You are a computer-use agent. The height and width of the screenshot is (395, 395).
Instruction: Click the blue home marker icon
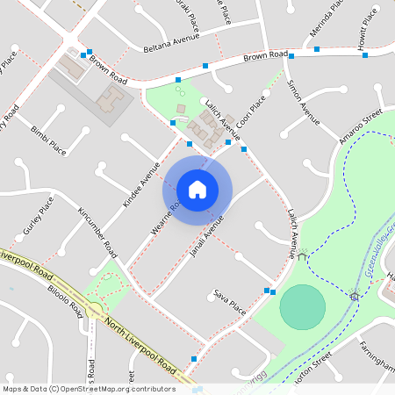tap(197, 190)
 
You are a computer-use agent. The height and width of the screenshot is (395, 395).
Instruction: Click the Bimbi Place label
tap(48, 140)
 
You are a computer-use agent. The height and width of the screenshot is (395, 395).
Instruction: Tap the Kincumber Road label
tap(97, 232)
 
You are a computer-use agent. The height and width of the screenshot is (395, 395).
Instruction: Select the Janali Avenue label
tap(207, 236)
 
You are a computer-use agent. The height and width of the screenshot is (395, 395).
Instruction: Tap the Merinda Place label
tap(323, 22)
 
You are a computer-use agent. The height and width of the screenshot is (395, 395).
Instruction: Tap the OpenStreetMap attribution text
tap(88, 388)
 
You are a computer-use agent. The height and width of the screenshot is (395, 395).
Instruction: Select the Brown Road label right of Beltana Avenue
tap(266, 57)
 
